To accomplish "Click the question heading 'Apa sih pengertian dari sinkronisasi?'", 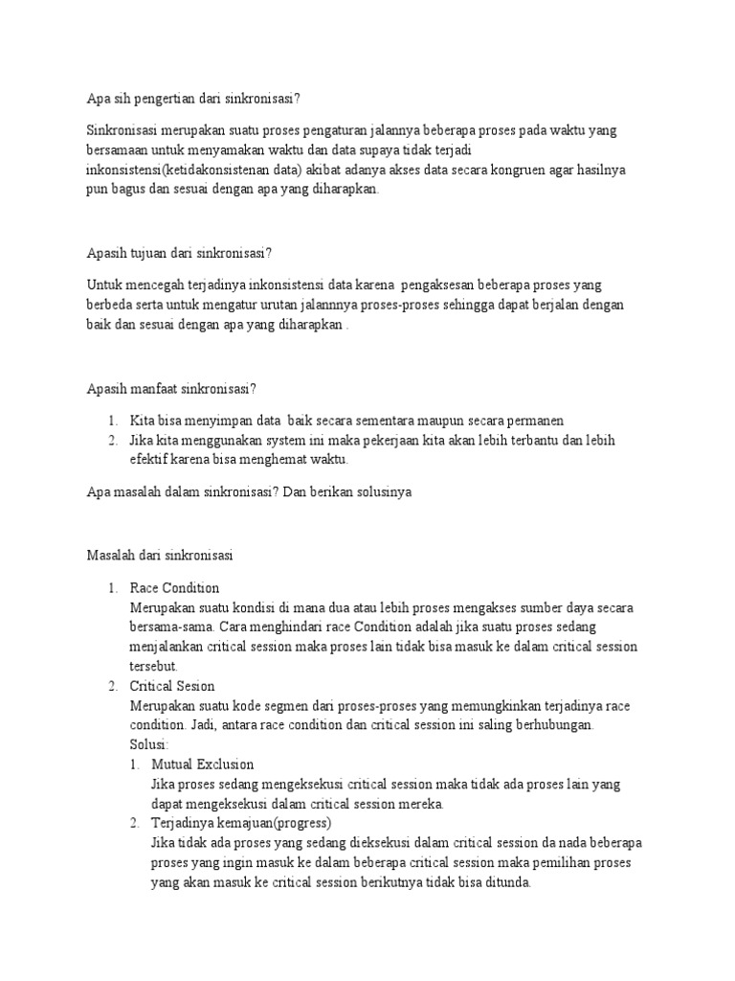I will coord(199,99).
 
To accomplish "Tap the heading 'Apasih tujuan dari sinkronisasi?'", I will coord(180,253).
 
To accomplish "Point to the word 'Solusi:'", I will coord(149,744).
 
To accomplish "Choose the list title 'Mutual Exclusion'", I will coord(203,764).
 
